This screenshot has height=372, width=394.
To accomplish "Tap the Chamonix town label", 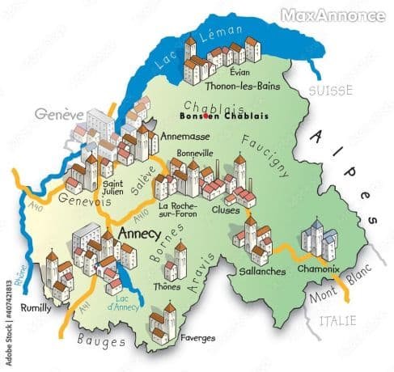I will (316, 268).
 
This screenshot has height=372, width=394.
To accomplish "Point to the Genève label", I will (60, 114).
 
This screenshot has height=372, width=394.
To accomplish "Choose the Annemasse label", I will (183, 137).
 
